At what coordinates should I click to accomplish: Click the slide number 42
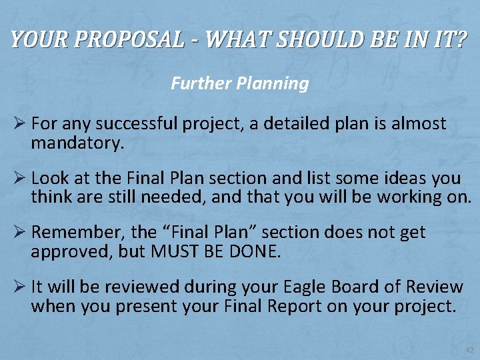(469, 349)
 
